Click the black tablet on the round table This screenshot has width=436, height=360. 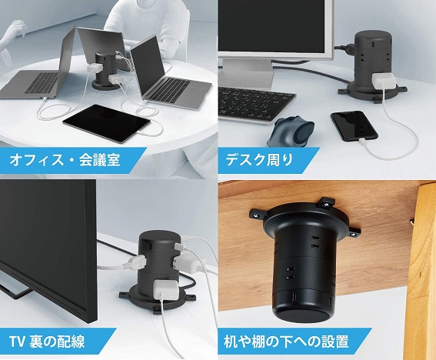(x=106, y=124)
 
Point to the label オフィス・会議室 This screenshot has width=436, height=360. (x=65, y=160)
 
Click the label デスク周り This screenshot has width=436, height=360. (x=259, y=160)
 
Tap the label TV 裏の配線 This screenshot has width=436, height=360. (x=47, y=342)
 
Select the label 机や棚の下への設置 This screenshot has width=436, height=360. (x=286, y=342)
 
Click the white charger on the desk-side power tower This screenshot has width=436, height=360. (x=384, y=82)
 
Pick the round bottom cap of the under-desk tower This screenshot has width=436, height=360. (x=301, y=315)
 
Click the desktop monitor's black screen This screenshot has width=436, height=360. (x=271, y=26)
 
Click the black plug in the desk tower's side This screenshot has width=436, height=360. (x=348, y=48)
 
